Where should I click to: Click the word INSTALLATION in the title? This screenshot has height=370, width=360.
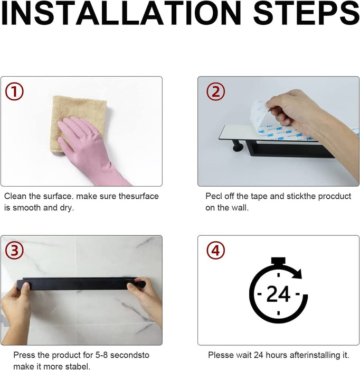coord(121,13)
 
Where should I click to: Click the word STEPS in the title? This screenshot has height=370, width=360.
coord(306,13)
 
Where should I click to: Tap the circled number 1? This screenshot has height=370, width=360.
coord(14,91)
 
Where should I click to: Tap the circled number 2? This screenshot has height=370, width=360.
coord(215,91)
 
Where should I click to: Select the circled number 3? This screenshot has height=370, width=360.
coord(14,250)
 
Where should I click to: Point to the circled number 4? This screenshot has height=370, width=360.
coord(215,250)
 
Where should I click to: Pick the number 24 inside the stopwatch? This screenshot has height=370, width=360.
coord(278,294)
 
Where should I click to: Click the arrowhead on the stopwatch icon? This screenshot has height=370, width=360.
coord(297,274)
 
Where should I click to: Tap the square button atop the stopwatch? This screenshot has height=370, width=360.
coord(278,261)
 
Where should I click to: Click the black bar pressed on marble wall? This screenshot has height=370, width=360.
coord(81,284)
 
